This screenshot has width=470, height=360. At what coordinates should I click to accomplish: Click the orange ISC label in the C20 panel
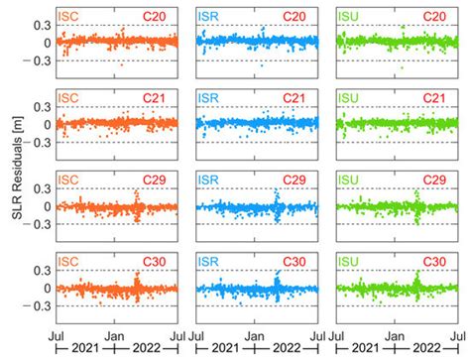click(67, 18)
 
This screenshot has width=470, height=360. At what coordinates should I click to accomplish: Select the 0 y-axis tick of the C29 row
click(43, 206)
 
